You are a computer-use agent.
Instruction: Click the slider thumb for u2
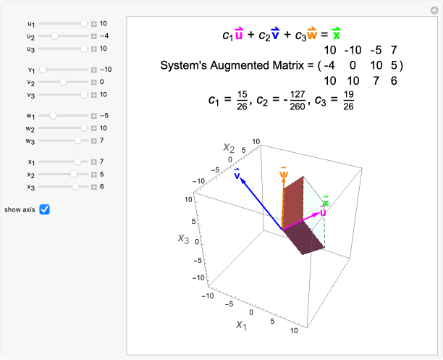pyautogui.click(x=55, y=36)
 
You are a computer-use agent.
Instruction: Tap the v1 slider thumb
pyautogui.click(x=43, y=70)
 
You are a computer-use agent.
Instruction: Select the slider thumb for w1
pyautogui.click(x=53, y=116)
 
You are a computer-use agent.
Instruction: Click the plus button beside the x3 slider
pyautogui.click(x=94, y=187)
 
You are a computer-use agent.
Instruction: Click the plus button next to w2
pyautogui.click(x=94, y=128)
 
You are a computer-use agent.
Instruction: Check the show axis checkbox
pyautogui.click(x=44, y=209)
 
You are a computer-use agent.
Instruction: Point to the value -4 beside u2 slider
pyautogui.click(x=104, y=36)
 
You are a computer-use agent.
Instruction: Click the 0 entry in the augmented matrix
pyautogui.click(x=353, y=65)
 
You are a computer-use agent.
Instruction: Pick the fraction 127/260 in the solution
pyautogui.click(x=298, y=101)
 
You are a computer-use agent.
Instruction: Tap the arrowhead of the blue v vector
pyautogui.click(x=242, y=180)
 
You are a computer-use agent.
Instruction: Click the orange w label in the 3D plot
pyautogui.click(x=284, y=172)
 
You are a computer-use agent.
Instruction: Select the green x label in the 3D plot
pyautogui.click(x=326, y=201)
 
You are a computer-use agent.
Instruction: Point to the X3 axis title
pyautogui.click(x=183, y=239)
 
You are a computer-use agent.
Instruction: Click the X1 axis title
pyautogui.click(x=241, y=325)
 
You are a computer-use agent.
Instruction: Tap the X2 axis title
pyautogui.click(x=229, y=148)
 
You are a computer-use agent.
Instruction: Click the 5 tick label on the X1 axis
pyautogui.click(x=272, y=322)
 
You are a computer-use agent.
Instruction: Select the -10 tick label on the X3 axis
pyautogui.click(x=198, y=277)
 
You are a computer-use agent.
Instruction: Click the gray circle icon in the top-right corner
pyautogui.click(x=434, y=10)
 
